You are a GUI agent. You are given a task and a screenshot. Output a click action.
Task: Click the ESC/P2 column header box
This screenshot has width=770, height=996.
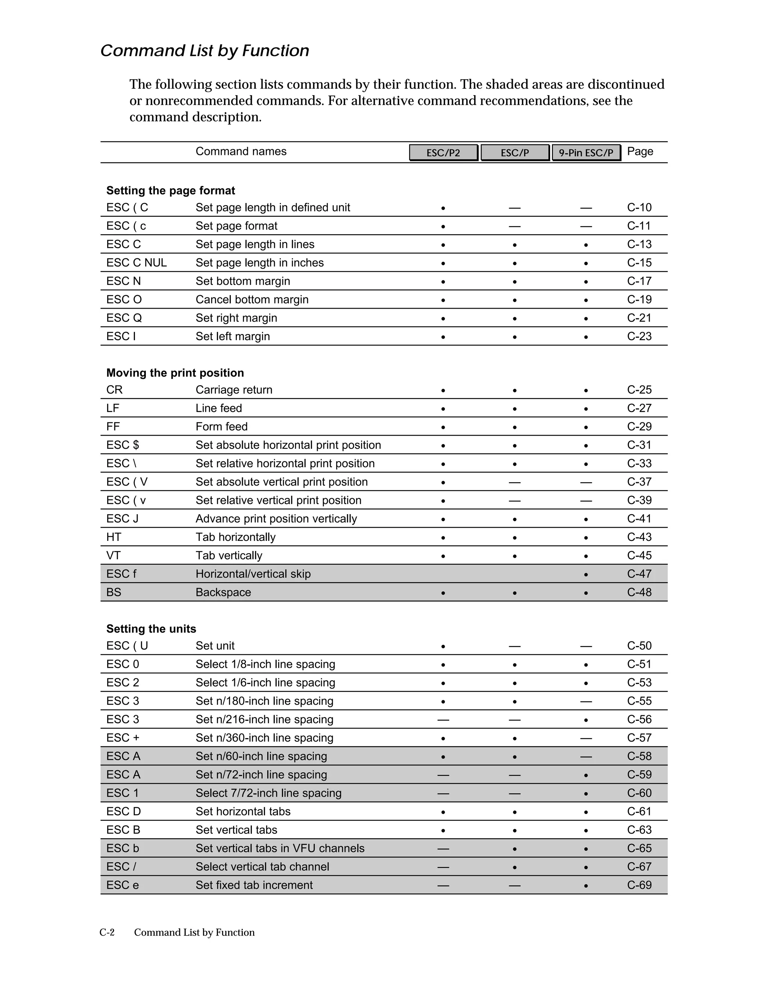[443, 153]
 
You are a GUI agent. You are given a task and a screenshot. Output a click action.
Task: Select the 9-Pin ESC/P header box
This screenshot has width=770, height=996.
[586, 153]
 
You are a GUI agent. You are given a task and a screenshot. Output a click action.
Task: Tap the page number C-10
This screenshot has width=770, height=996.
[639, 207]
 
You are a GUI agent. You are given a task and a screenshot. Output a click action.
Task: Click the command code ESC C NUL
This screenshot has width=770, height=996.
[136, 263]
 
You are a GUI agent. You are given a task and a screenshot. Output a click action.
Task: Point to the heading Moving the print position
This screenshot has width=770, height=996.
[175, 373]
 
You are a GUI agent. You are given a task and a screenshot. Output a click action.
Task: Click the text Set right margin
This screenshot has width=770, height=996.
[236, 318]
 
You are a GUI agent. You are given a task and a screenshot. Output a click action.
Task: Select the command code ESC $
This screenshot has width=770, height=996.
[123, 445]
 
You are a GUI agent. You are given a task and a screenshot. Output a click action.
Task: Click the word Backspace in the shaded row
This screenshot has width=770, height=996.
[223, 592]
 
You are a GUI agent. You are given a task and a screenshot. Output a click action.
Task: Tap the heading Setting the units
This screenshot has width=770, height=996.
[151, 629]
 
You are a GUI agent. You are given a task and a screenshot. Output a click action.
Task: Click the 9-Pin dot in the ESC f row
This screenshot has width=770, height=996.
[586, 575]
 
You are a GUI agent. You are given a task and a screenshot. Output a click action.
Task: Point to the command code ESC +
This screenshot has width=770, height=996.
[123, 738]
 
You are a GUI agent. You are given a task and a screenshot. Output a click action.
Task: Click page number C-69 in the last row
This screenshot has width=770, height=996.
[639, 885]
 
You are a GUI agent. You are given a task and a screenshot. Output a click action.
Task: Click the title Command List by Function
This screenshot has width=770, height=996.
[205, 51]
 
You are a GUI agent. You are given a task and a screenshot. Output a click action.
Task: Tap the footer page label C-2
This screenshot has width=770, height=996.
[107, 932]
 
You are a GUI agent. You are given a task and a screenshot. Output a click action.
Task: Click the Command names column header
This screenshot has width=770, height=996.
[241, 151]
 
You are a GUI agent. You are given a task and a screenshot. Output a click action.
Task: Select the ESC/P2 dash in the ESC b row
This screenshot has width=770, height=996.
[443, 849]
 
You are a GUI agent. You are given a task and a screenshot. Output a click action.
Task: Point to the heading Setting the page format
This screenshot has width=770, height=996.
[171, 191]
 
